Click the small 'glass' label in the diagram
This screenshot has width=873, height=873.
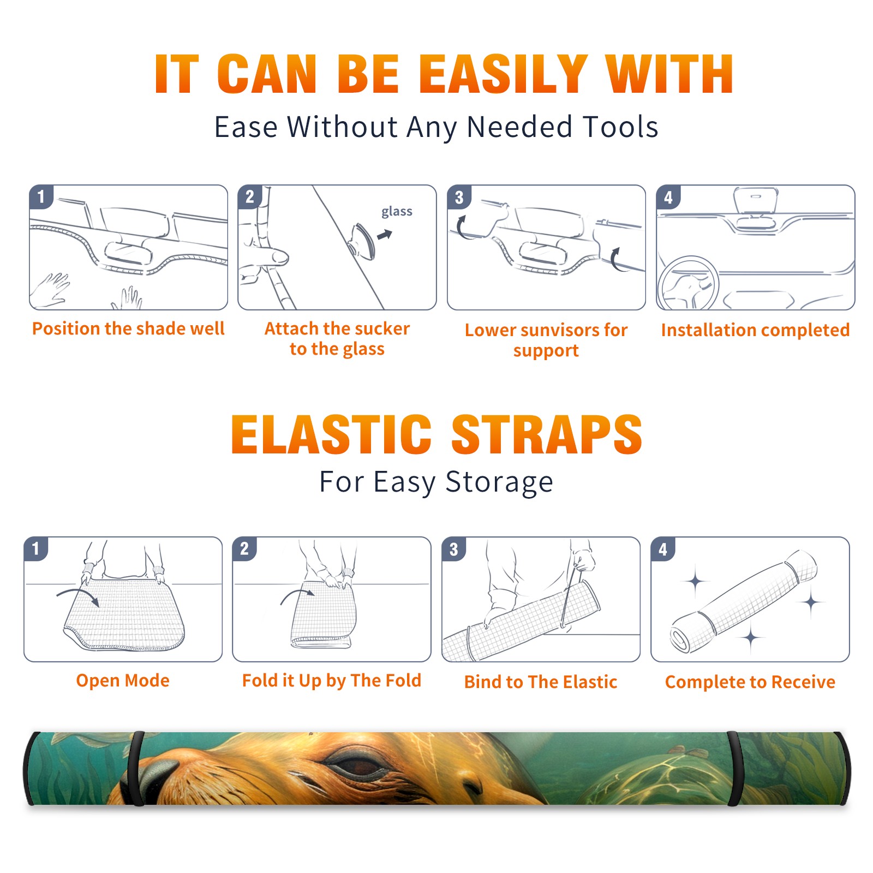point(397,212)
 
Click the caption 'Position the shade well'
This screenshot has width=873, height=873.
point(128,328)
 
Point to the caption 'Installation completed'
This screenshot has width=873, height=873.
point(755,330)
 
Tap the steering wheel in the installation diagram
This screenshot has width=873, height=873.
point(688,284)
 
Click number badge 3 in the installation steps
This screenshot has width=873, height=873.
point(459,198)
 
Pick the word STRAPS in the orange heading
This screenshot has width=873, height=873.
point(547,434)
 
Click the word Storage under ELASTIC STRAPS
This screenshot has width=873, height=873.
point(499,482)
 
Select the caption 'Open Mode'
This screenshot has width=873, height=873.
point(123,680)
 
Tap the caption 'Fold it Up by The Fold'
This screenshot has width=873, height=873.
point(332,681)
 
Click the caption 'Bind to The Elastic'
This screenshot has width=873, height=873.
point(541,682)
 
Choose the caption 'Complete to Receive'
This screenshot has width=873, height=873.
point(750,682)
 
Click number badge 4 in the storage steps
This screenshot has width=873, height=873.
point(663,549)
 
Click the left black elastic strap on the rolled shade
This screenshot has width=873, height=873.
point(136,768)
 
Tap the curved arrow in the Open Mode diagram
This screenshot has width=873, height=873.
point(77,596)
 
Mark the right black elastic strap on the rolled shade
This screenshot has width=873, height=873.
point(735,768)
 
